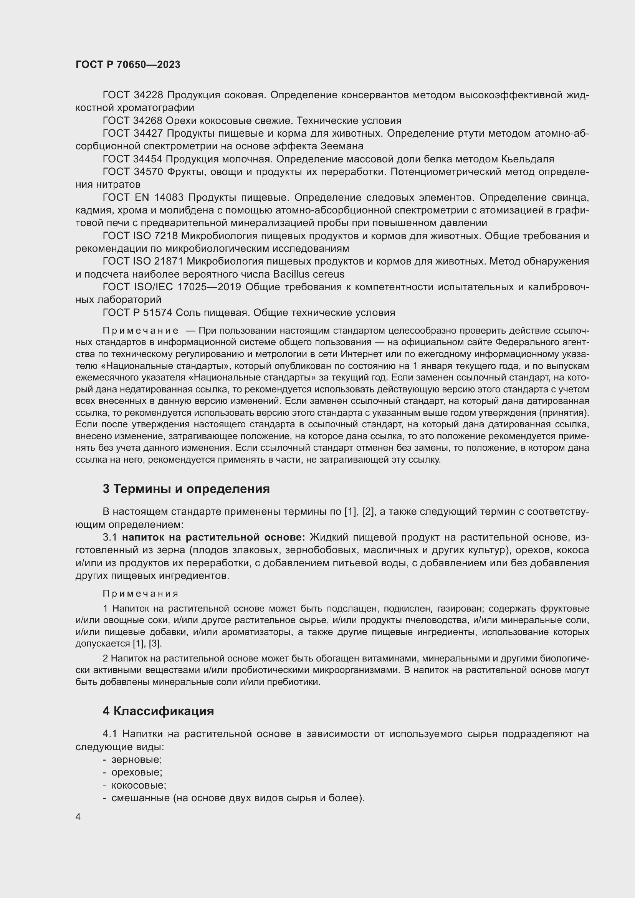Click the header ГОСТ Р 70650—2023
pos(128,64)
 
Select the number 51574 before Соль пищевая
pos(155,313)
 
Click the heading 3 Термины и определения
pos(186,489)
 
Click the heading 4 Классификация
pos(158,711)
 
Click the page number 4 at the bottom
pos(78,817)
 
